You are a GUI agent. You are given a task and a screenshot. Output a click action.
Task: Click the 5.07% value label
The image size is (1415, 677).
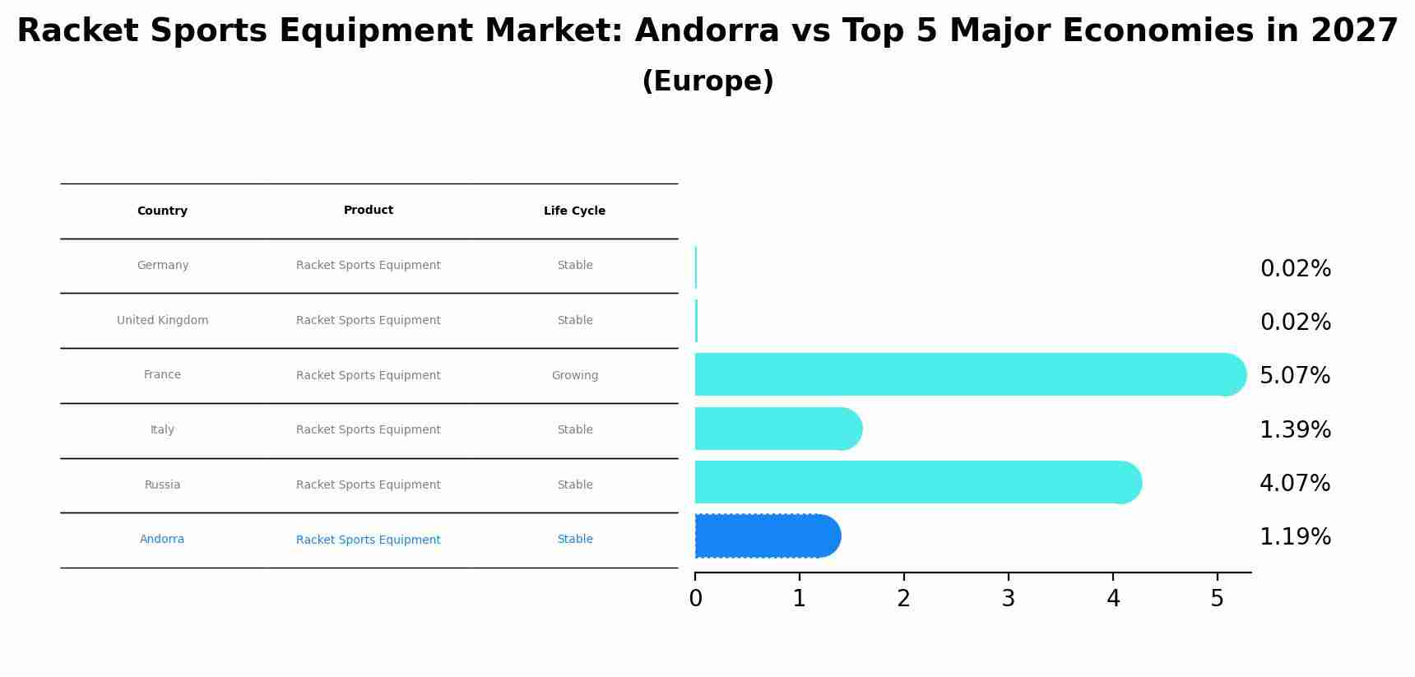(1295, 376)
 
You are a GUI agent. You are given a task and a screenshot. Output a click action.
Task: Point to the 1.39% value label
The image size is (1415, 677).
(1295, 430)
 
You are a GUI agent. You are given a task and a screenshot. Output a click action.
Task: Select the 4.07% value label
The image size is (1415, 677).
(1295, 484)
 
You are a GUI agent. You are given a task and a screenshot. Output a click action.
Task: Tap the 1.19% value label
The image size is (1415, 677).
(1295, 537)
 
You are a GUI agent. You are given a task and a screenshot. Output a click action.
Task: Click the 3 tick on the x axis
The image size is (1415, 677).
(1009, 599)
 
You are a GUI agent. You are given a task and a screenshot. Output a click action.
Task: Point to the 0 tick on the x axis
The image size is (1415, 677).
(695, 599)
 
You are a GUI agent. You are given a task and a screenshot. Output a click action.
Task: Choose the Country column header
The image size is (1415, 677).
(162, 211)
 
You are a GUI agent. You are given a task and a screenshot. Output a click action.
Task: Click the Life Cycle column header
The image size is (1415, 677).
(574, 211)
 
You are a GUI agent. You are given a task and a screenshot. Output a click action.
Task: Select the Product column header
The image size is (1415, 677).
(369, 211)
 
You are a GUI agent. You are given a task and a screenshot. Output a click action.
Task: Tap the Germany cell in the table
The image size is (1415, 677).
(163, 266)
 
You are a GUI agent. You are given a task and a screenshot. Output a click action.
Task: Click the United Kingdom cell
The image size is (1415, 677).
(162, 321)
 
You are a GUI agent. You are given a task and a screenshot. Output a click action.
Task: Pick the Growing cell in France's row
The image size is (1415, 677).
(575, 376)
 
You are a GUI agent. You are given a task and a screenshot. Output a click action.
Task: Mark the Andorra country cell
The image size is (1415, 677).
(162, 540)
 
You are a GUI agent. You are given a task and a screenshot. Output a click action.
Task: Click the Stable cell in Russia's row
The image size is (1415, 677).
(575, 485)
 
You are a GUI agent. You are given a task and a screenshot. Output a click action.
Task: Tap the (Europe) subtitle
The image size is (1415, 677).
(707, 81)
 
